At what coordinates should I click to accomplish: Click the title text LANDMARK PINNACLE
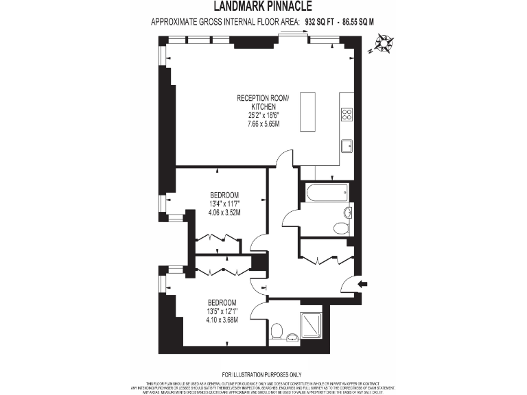tap(263, 7)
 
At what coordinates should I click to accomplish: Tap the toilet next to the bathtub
tap(340, 228)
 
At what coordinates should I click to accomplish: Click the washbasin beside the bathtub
tap(348, 213)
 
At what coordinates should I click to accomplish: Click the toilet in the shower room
tap(278, 332)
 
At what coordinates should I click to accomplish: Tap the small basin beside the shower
tap(292, 337)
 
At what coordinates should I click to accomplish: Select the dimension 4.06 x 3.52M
tap(224, 212)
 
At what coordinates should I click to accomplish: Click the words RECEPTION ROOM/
tap(263, 99)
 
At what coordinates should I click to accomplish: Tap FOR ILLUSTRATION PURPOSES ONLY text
tap(263, 374)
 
